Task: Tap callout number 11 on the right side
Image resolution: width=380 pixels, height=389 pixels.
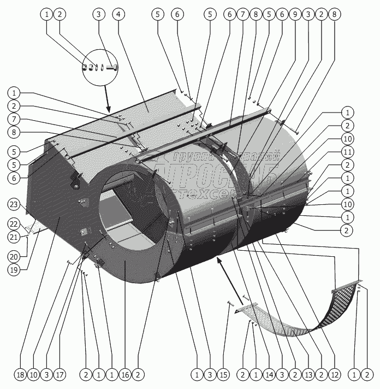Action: coord(347,152)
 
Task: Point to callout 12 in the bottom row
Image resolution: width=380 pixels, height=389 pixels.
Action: coord(335,375)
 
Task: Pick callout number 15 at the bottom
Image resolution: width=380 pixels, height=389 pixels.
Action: coord(224,375)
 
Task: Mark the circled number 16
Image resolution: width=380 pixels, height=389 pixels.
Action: coord(126,375)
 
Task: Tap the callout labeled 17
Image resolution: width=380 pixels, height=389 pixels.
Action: coord(60,375)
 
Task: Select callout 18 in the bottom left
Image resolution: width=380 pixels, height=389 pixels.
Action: coord(20,375)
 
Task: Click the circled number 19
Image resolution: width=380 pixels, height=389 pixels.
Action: coord(15,269)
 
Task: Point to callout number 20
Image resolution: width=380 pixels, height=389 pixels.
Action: coord(15,256)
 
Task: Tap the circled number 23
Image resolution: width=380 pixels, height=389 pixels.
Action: coord(15,205)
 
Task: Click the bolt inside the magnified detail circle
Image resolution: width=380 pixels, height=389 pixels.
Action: coord(112,68)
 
